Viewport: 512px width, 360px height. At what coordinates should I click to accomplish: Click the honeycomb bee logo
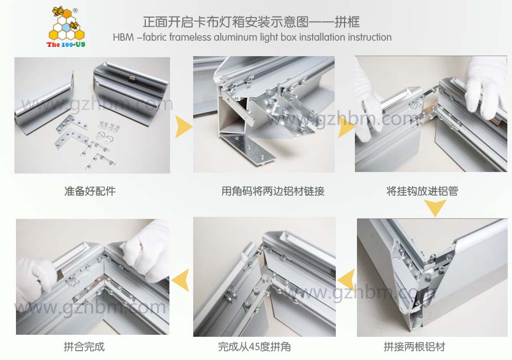click(66, 25)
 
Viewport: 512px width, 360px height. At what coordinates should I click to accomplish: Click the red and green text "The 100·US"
click(65, 44)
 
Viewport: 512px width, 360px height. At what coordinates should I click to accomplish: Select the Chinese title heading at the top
click(251, 22)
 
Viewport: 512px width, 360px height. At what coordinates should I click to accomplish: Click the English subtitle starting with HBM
click(252, 37)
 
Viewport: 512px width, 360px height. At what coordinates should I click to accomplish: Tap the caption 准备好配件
click(90, 191)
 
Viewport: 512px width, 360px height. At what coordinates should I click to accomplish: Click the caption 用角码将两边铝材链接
click(273, 191)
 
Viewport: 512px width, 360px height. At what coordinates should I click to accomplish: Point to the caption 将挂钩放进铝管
click(422, 191)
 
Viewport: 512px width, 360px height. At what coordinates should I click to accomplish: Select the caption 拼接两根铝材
click(414, 347)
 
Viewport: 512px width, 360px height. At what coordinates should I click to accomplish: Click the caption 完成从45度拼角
click(254, 347)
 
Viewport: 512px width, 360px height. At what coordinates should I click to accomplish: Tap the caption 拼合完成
click(84, 347)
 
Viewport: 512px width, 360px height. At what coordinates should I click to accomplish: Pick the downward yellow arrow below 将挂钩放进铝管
click(435, 208)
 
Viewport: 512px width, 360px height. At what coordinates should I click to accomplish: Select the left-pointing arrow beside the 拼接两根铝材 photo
click(347, 280)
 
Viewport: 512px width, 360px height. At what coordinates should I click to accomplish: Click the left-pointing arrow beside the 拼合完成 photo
click(181, 280)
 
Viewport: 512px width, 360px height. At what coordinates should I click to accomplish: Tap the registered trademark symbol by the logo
click(75, 10)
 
